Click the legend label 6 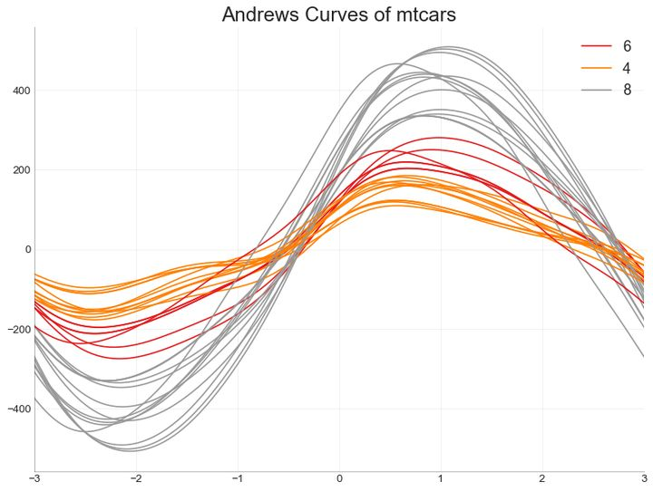[x=627, y=46]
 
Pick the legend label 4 [x=627, y=68]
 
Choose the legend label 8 [x=627, y=90]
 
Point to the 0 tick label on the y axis [x=27, y=250]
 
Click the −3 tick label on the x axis [x=34, y=478]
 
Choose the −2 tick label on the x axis [x=136, y=478]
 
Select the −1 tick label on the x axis [x=238, y=478]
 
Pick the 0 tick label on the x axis [x=339, y=478]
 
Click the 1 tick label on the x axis [x=441, y=478]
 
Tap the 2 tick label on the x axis [x=542, y=478]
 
